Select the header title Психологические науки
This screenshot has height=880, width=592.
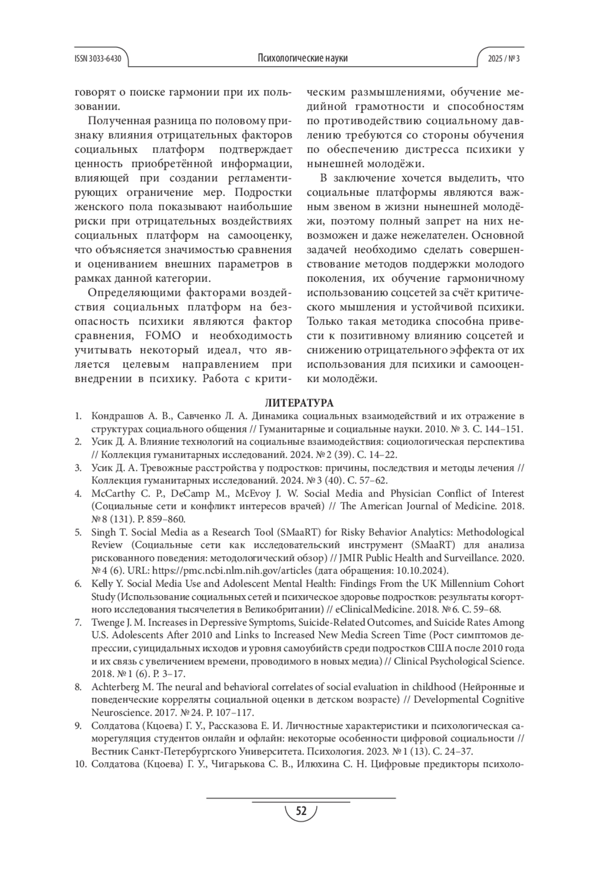(x=302, y=58)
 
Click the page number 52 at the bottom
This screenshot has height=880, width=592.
(x=300, y=811)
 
